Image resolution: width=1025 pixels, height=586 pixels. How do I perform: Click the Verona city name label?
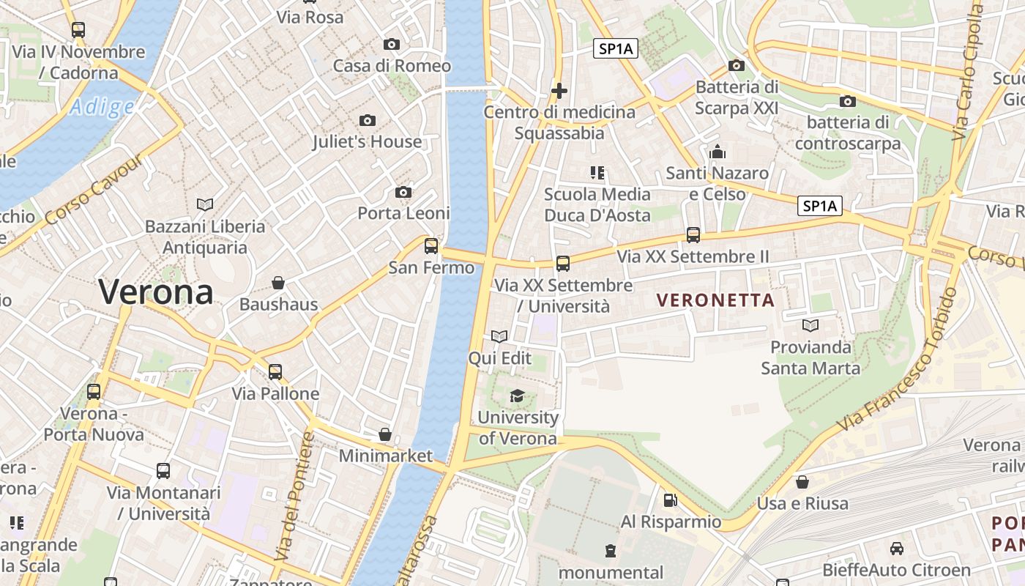click(156, 292)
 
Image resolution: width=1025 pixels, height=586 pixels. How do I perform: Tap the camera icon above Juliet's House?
click(368, 120)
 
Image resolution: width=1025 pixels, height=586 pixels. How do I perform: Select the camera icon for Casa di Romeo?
click(392, 45)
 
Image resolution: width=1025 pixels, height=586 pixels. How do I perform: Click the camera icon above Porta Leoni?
click(403, 192)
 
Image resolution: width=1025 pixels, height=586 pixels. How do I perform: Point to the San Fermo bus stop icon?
click(431, 246)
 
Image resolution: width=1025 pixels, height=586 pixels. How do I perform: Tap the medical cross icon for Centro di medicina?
click(559, 91)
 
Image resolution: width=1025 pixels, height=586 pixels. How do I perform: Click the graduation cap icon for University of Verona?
click(517, 396)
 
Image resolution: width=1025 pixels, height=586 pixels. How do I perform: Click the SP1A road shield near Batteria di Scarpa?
click(615, 49)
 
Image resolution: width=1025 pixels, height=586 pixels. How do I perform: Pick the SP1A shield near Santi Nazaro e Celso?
click(819, 207)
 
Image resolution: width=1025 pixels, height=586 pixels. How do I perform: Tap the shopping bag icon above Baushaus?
click(278, 283)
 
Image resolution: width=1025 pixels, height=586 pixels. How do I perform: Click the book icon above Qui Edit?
click(499, 337)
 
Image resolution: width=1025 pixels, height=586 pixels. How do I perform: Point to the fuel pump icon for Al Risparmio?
click(670, 500)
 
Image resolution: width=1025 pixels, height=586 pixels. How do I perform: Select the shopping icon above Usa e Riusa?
click(802, 482)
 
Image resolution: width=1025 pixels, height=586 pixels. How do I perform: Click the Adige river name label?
click(102, 108)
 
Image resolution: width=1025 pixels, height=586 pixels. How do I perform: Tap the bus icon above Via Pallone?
click(275, 372)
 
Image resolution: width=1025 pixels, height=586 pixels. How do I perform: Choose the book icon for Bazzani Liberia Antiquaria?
click(205, 204)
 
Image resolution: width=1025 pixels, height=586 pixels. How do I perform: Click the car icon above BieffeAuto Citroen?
click(896, 548)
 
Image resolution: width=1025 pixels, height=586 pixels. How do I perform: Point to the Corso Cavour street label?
click(94, 190)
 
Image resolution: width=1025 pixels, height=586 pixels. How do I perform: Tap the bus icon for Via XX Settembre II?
click(693, 235)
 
